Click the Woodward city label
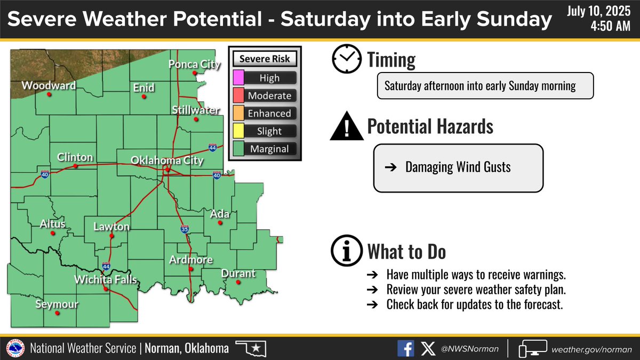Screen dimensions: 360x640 pos(49,86)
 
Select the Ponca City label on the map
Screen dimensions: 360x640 pos(195,65)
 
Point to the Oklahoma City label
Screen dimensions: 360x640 pos(167,160)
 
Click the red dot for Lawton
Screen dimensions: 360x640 pos(111,236)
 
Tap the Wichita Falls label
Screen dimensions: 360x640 pos(105,280)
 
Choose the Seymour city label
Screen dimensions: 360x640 pos(56,305)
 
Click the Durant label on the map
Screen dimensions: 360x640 pos(238,274)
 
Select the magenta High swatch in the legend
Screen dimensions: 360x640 pos(238,78)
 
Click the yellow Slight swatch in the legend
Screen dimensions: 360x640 pos(238,131)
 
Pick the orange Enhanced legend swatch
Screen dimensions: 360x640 pos(238,113)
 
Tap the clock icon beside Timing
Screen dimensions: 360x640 pos(346,59)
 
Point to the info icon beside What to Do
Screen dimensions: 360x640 pos(346,251)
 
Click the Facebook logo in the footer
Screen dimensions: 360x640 pos(406,349)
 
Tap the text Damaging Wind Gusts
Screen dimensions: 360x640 pos(458,167)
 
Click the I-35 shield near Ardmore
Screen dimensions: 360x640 pos(185,229)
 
